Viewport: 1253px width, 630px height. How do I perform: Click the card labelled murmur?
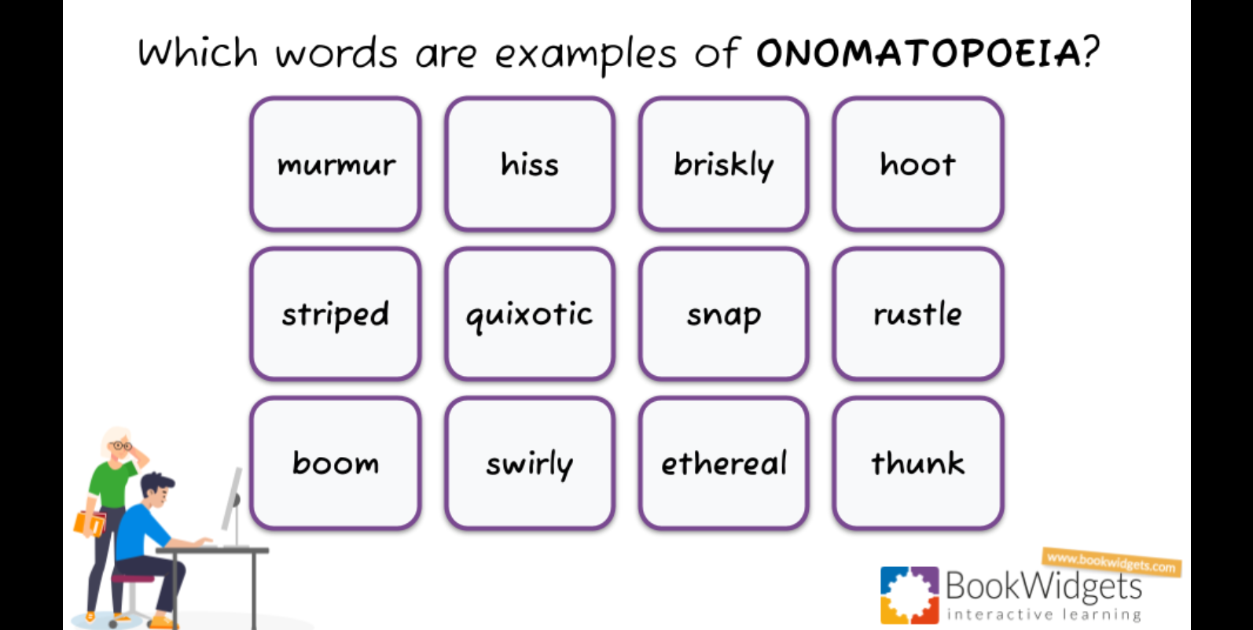click(336, 164)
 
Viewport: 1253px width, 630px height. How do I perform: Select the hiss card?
click(530, 164)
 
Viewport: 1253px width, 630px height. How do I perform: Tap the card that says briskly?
click(723, 164)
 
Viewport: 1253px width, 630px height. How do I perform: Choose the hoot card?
click(917, 164)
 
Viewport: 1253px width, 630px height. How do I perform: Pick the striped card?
click(336, 314)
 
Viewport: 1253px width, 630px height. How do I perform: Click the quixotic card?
click(530, 314)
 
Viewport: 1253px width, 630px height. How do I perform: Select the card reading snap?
click(723, 314)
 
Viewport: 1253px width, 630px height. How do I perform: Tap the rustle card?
click(917, 314)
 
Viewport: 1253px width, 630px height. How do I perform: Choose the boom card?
click(336, 462)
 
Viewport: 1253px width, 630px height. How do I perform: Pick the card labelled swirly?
click(530, 462)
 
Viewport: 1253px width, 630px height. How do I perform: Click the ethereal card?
click(723, 462)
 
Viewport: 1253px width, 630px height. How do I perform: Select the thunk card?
click(917, 462)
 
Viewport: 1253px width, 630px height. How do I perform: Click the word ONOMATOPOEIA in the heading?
click(918, 53)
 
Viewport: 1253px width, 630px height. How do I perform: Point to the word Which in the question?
click(197, 53)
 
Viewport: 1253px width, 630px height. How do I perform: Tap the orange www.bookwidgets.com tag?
click(1111, 562)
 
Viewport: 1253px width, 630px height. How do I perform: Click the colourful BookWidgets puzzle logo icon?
click(909, 595)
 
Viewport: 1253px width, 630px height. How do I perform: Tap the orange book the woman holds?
click(90, 523)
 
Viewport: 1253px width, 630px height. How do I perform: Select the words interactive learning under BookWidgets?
click(1044, 614)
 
